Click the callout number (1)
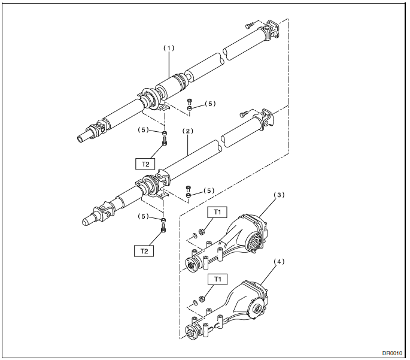(169, 48)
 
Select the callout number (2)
(188, 131)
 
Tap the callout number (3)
(279, 195)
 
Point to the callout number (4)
(279, 262)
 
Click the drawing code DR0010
(392, 353)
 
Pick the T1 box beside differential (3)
(217, 212)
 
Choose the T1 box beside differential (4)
(217, 279)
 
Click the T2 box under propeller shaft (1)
(145, 164)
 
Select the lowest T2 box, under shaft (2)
(144, 251)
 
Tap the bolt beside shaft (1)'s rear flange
(250, 25)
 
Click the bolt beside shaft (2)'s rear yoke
(244, 114)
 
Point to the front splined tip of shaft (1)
(81, 138)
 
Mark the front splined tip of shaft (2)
(86, 222)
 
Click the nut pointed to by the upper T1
(202, 231)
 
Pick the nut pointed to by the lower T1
(202, 298)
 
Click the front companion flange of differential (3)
(191, 265)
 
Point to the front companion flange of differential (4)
(191, 332)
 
